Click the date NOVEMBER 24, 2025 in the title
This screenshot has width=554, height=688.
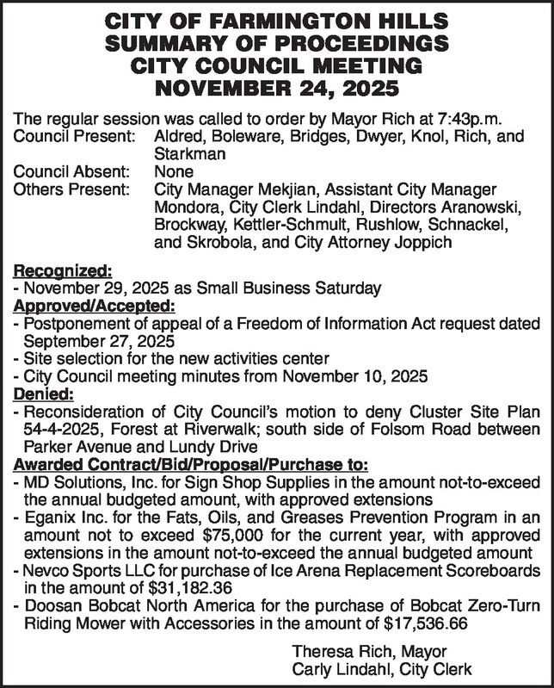(x=277, y=88)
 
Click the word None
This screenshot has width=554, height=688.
(x=173, y=171)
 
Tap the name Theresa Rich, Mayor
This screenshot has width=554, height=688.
(x=369, y=653)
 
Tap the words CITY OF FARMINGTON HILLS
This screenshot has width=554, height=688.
(x=277, y=20)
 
